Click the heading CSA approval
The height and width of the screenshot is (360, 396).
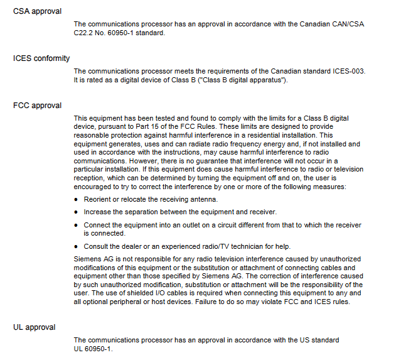[37, 12]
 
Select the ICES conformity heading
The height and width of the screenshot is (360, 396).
[41, 58]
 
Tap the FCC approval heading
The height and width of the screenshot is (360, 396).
[37, 105]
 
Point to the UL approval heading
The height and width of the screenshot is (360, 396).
[34, 327]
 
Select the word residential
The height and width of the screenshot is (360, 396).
[283, 135]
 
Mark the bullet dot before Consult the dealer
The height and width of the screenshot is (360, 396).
[77, 246]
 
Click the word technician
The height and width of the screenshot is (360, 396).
[260, 246]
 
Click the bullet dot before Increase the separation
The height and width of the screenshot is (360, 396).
[77, 212]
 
